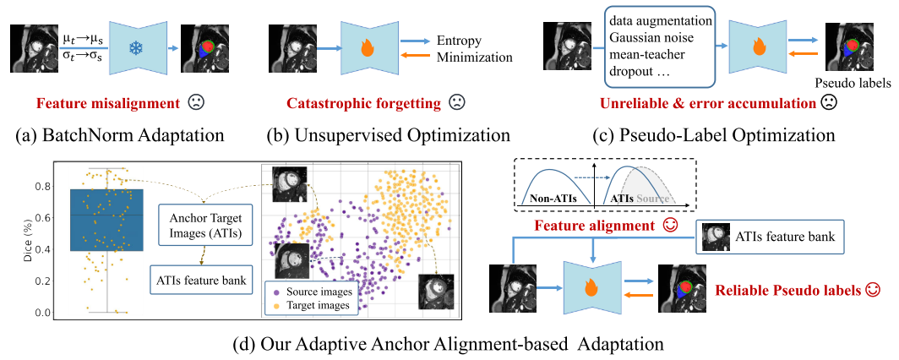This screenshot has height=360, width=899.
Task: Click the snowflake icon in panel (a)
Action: [x=134, y=48]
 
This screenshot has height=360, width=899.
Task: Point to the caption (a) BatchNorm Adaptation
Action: [x=118, y=135]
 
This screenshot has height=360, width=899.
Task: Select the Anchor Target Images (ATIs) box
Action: [x=200, y=226]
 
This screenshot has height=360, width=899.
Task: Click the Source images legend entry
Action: [x=305, y=291]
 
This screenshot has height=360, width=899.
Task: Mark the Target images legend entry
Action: [x=305, y=305]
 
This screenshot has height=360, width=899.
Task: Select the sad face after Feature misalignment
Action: [x=195, y=104]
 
